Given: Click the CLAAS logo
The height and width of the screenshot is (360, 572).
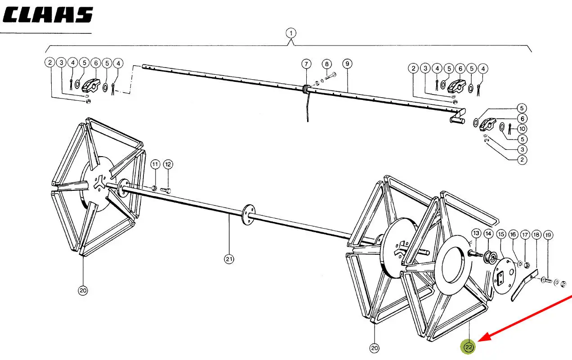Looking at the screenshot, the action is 48,14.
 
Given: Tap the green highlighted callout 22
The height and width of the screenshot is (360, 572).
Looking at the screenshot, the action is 468,347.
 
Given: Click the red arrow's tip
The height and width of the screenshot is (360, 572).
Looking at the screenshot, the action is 478,342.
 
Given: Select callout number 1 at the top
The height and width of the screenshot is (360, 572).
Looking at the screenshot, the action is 291,33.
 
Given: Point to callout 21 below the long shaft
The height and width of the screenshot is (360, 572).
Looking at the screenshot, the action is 229,259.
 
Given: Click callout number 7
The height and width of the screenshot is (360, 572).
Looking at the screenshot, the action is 306,64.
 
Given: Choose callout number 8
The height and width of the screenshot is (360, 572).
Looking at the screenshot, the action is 327,64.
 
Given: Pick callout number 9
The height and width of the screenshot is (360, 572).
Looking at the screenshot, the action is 347,63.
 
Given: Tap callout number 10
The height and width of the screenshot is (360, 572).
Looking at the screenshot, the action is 522,129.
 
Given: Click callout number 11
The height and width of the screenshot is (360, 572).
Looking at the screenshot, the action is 155,164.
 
